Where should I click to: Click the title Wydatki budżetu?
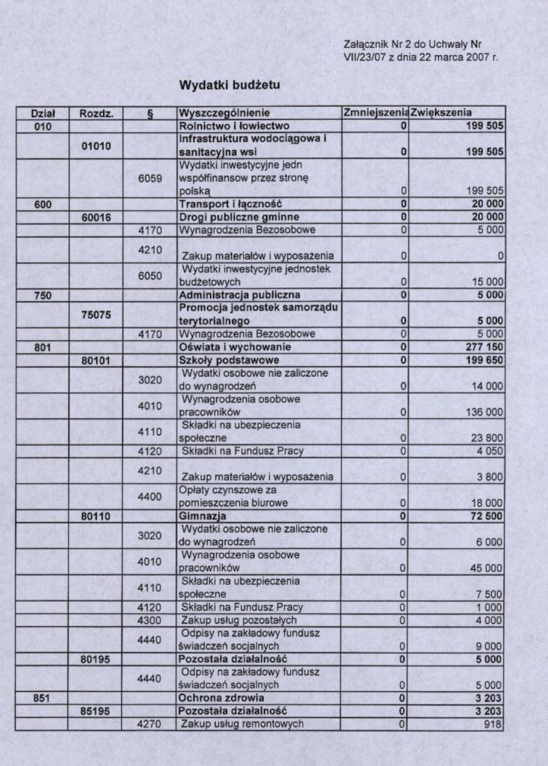(x=230, y=85)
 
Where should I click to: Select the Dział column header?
(x=42, y=114)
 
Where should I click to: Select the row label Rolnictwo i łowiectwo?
(x=234, y=126)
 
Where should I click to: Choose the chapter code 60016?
(x=96, y=217)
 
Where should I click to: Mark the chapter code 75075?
(x=96, y=315)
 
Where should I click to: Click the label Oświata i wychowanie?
(x=233, y=348)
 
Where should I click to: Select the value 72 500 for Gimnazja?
(x=487, y=516)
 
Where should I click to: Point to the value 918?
(x=493, y=724)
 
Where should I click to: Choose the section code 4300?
(x=150, y=620)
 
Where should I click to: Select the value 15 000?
(x=487, y=282)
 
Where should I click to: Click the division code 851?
(x=42, y=698)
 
